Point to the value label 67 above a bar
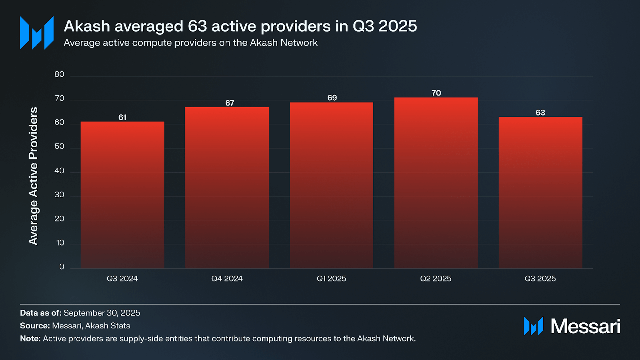pyautogui.click(x=230, y=103)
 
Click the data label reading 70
pyautogui.click(x=436, y=93)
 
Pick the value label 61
pyautogui.click(x=122, y=117)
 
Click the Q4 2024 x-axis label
pyautogui.click(x=227, y=278)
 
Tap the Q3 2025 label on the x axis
pyautogui.click(x=540, y=278)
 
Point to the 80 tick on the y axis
pyautogui.click(x=59, y=74)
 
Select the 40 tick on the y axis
pyautogui.click(x=59, y=171)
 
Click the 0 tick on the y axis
pyautogui.click(x=62, y=267)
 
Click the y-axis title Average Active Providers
pyautogui.click(x=33, y=176)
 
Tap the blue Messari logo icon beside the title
pyautogui.click(x=37, y=33)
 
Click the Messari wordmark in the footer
pyautogui.click(x=585, y=326)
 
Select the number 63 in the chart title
pyautogui.click(x=198, y=26)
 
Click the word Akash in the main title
pyautogui.click(x=87, y=26)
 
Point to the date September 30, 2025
pyautogui.click(x=102, y=313)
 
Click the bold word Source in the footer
pyautogui.click(x=34, y=326)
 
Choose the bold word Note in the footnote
pyautogui.click(x=30, y=338)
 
